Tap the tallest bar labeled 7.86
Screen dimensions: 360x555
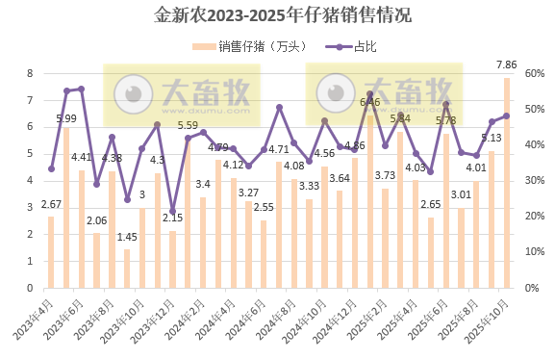(x=506, y=183)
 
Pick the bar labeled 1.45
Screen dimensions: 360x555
(x=126, y=269)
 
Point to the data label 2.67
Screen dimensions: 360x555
(x=51, y=203)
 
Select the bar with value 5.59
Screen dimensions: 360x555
(x=187, y=213)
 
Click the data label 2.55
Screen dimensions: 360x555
(x=264, y=207)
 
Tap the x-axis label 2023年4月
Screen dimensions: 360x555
(x=36, y=319)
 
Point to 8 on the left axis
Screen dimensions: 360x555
(x=31, y=73)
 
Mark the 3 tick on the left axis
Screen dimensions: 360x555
(x=31, y=208)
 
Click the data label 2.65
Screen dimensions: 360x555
(x=430, y=204)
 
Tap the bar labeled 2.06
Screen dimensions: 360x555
(x=96, y=260)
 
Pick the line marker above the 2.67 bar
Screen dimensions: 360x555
(x=51, y=168)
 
